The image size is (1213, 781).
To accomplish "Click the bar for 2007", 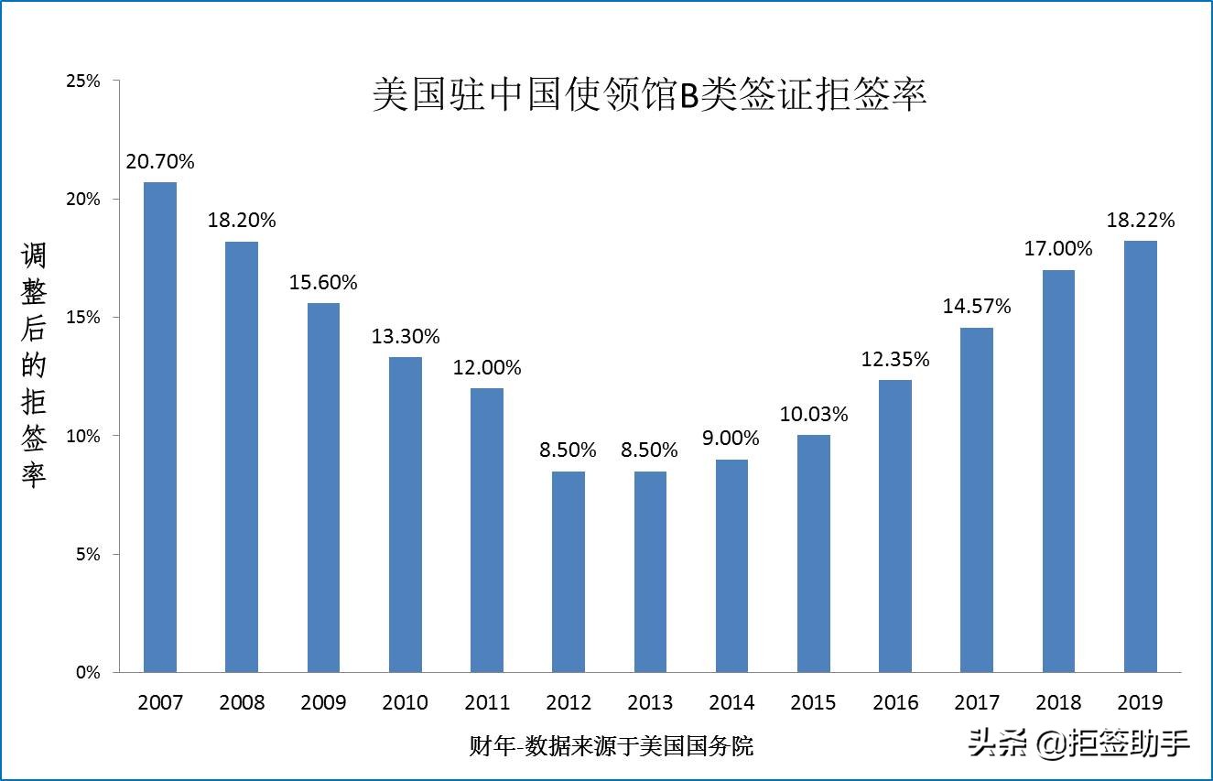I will [x=160, y=427].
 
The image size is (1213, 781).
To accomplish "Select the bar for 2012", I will [x=569, y=571].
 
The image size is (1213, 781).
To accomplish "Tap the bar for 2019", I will [x=1141, y=456].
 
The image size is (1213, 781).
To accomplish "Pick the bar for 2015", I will [x=814, y=553].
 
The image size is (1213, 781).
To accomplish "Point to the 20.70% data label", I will [x=160, y=162].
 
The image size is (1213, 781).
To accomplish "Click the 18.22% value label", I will [x=1141, y=221].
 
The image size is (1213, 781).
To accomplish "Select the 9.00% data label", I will [x=732, y=439].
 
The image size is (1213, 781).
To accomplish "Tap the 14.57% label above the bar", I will [x=977, y=307].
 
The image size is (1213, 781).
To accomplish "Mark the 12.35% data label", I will [x=895, y=360].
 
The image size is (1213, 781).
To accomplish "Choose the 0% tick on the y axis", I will [x=87, y=673].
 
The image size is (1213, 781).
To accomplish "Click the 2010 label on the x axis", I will [x=406, y=703].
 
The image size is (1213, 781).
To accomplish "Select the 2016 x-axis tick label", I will [x=895, y=703].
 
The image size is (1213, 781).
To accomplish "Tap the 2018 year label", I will [x=1059, y=703].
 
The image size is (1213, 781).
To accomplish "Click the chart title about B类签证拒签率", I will [x=649, y=95].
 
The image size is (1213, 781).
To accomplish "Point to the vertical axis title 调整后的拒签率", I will [x=34, y=365].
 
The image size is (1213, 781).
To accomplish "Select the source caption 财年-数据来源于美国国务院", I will [x=612, y=746].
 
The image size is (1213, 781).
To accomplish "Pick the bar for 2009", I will [x=323, y=487].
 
